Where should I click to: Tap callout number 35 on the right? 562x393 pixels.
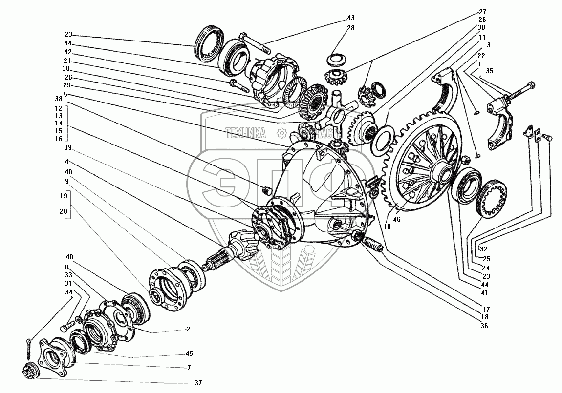coord(489,71)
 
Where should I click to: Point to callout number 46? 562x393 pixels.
coord(396,220)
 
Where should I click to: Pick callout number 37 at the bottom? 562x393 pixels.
coord(198,383)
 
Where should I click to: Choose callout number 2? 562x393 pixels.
coord(188,329)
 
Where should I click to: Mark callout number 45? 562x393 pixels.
coord(188,354)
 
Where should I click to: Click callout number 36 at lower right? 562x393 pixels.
coord(484,326)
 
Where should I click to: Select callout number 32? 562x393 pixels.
coord(484,248)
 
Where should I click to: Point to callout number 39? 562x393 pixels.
coord(68,147)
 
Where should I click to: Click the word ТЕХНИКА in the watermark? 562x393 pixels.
coord(245,132)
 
